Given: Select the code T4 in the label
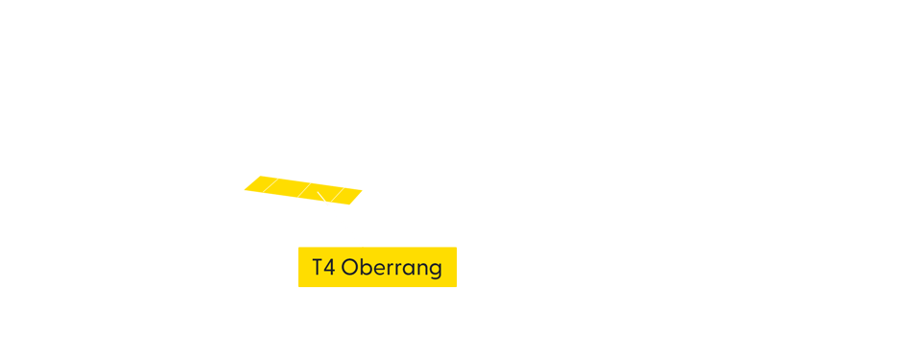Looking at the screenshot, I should click(x=322, y=268).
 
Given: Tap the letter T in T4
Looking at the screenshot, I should click(x=317, y=268).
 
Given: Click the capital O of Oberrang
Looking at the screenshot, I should click(x=349, y=268).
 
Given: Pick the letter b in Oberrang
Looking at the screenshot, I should click(x=364, y=268).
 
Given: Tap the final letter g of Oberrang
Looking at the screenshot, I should click(x=436, y=270).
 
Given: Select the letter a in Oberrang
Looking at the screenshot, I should click(x=410, y=269).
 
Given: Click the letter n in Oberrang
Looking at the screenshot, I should click(x=422, y=269).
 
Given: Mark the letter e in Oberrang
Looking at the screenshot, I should click(x=376, y=269).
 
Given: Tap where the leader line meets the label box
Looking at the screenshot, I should click(x=363, y=247).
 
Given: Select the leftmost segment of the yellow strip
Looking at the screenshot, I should click(x=260, y=182).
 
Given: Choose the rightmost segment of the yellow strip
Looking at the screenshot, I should click(x=348, y=196).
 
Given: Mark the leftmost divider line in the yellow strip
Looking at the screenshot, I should click(x=273, y=183).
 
